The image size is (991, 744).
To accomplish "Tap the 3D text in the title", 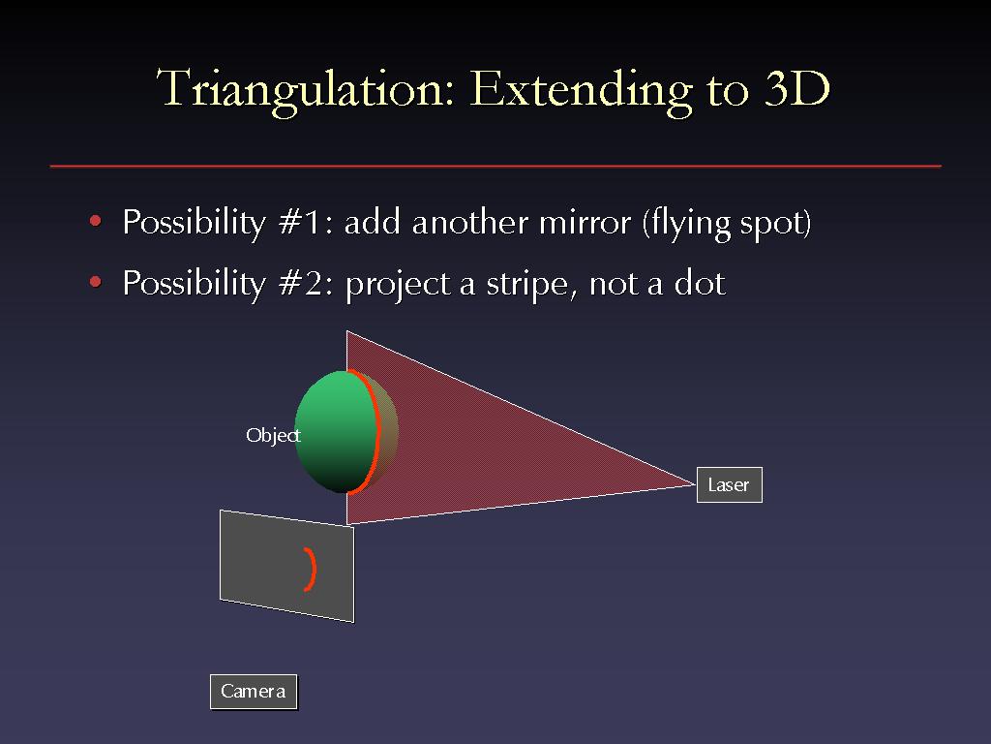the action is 796,87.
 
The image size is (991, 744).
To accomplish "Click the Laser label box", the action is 730,484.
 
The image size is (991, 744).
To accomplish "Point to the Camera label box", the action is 254,692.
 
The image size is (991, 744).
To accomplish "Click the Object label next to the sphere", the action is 273,435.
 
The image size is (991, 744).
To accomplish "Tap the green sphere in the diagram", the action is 337,431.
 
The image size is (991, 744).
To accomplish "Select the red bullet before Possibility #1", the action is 96,221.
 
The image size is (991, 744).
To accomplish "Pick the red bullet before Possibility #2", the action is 96,282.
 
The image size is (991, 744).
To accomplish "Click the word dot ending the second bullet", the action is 700,283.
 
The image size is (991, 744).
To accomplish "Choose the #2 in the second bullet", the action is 305,283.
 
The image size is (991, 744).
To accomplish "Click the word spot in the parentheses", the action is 771,224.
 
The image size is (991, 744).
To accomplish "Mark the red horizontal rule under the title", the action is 495,167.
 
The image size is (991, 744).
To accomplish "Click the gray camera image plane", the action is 286,566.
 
